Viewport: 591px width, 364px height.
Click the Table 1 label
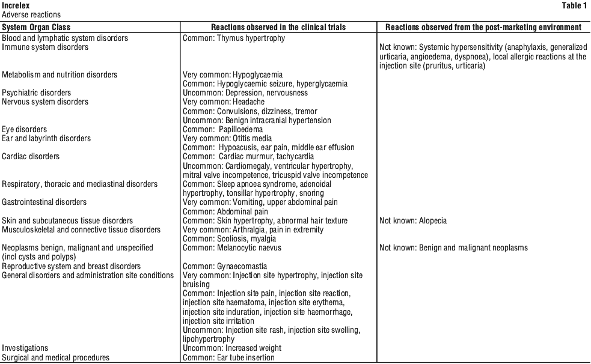pyautogui.click(x=575, y=5)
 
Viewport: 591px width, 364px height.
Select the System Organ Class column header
pyautogui.click(x=36, y=27)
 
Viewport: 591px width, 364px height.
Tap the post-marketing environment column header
pyautogui.click(x=483, y=27)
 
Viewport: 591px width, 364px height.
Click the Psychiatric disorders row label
pyautogui.click(x=36, y=93)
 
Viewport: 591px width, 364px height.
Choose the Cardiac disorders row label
pyautogui.click(x=31, y=157)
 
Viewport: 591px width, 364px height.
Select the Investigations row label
pyautogui.click(x=25, y=348)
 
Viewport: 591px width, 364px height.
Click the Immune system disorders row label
pyautogui.click(x=45, y=47)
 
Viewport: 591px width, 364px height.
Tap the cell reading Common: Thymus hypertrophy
pyautogui.click(x=234, y=38)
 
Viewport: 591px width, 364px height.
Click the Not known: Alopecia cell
pyautogui.click(x=413, y=221)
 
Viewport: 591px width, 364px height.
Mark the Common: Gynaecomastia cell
pyautogui.click(x=225, y=267)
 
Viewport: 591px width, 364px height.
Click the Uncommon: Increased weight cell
pyautogui.click(x=232, y=348)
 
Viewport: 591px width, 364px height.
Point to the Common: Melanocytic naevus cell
pyautogui.click(x=232, y=248)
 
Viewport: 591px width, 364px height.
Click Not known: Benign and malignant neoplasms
pyautogui.click(x=453, y=248)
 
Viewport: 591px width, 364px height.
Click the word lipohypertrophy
pyautogui.click(x=209, y=339)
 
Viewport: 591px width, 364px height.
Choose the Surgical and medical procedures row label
pyautogui.click(x=56, y=357)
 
